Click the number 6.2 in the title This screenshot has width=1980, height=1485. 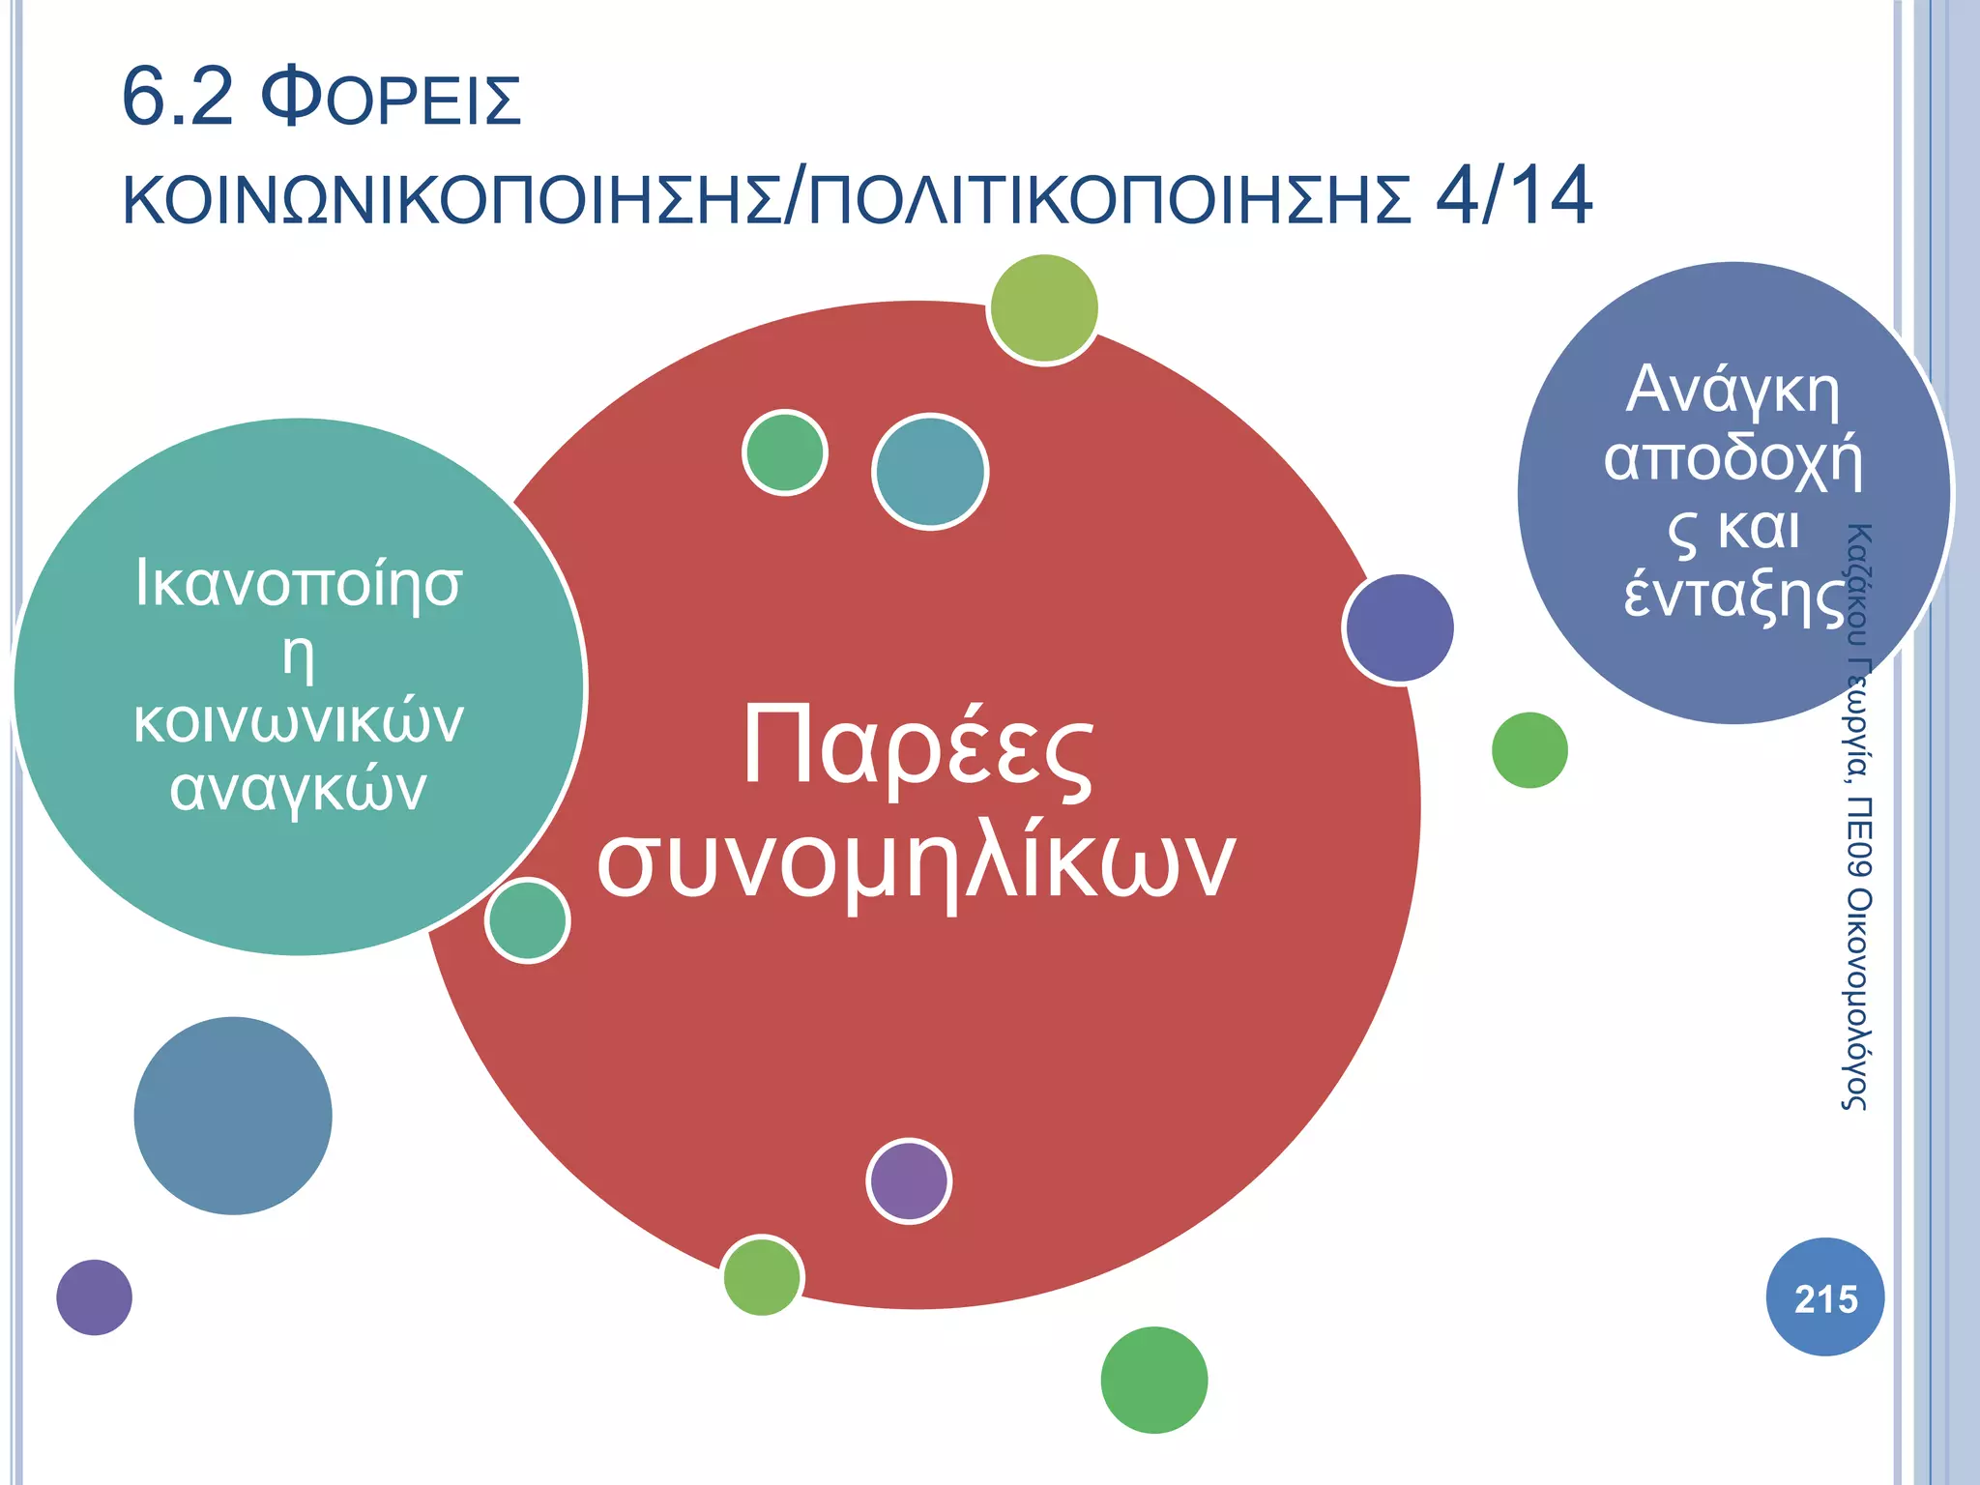[178, 98]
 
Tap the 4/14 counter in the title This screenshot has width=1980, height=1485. [1513, 196]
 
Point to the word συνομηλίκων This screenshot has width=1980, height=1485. [916, 860]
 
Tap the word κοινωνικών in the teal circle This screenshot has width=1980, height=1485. [299, 721]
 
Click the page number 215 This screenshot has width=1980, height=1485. [1825, 1298]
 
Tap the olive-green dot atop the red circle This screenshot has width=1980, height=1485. [1044, 308]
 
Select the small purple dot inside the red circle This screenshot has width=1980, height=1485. [909, 1180]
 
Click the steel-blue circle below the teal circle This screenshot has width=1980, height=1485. [233, 1116]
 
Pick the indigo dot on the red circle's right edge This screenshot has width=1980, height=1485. [1399, 627]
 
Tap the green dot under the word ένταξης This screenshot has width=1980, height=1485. [1529, 750]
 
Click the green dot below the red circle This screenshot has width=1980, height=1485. [1153, 1380]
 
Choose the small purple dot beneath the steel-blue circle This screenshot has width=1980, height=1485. [94, 1297]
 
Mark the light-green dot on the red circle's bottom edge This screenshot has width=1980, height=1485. [762, 1276]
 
